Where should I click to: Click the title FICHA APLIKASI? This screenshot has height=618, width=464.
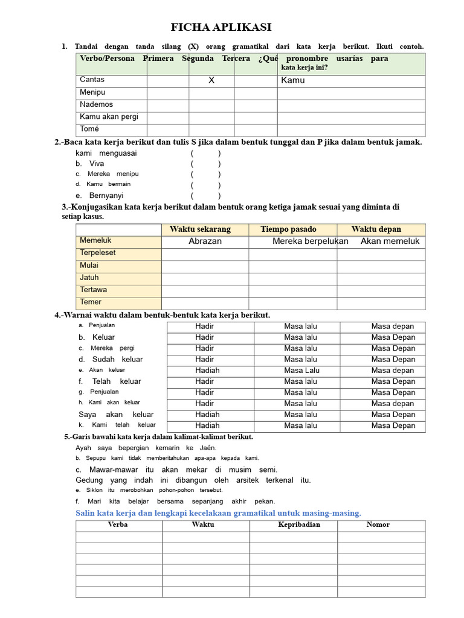click(x=221, y=28)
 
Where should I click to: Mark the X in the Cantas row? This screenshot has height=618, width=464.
click(x=211, y=80)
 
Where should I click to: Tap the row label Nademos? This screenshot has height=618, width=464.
click(x=96, y=104)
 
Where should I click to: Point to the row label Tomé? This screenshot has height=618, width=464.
click(x=89, y=129)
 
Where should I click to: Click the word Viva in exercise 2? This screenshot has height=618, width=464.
click(x=97, y=164)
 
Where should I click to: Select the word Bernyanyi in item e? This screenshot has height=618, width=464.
click(x=106, y=196)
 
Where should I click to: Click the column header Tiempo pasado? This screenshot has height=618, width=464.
click(x=288, y=229)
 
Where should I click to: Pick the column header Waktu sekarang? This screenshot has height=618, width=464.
click(x=200, y=229)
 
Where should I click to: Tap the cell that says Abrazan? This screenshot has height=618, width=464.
click(x=205, y=241)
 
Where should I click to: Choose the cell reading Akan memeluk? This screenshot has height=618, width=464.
click(x=390, y=241)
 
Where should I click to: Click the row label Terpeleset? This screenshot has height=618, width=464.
click(x=98, y=253)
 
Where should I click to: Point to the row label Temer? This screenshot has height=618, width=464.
click(x=91, y=302)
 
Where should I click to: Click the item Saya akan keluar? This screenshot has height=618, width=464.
click(x=116, y=415)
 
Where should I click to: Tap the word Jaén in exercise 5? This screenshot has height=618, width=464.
click(x=208, y=448)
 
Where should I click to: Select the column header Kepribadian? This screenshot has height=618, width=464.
click(x=299, y=524)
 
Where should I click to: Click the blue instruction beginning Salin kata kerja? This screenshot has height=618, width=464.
click(x=218, y=513)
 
